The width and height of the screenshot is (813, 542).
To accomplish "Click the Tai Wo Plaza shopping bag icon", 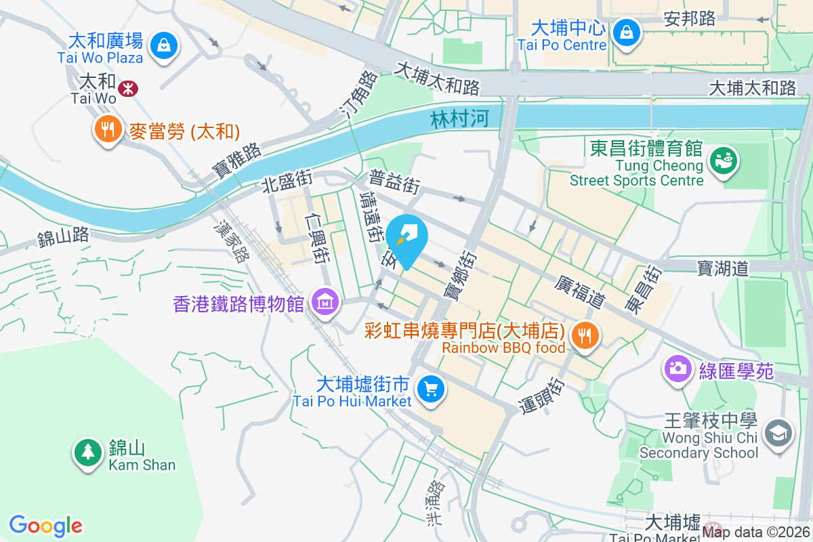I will (x=163, y=46).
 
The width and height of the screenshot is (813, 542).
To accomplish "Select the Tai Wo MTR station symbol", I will (x=127, y=87).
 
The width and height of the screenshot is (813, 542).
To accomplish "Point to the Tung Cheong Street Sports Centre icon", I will (x=724, y=161).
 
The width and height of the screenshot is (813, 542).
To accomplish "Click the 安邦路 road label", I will (x=690, y=18).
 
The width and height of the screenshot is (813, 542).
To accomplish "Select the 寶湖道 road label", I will (x=723, y=268).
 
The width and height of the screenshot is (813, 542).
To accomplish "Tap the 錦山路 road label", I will (x=63, y=236).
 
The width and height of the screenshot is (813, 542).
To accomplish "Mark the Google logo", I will (x=45, y=526).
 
